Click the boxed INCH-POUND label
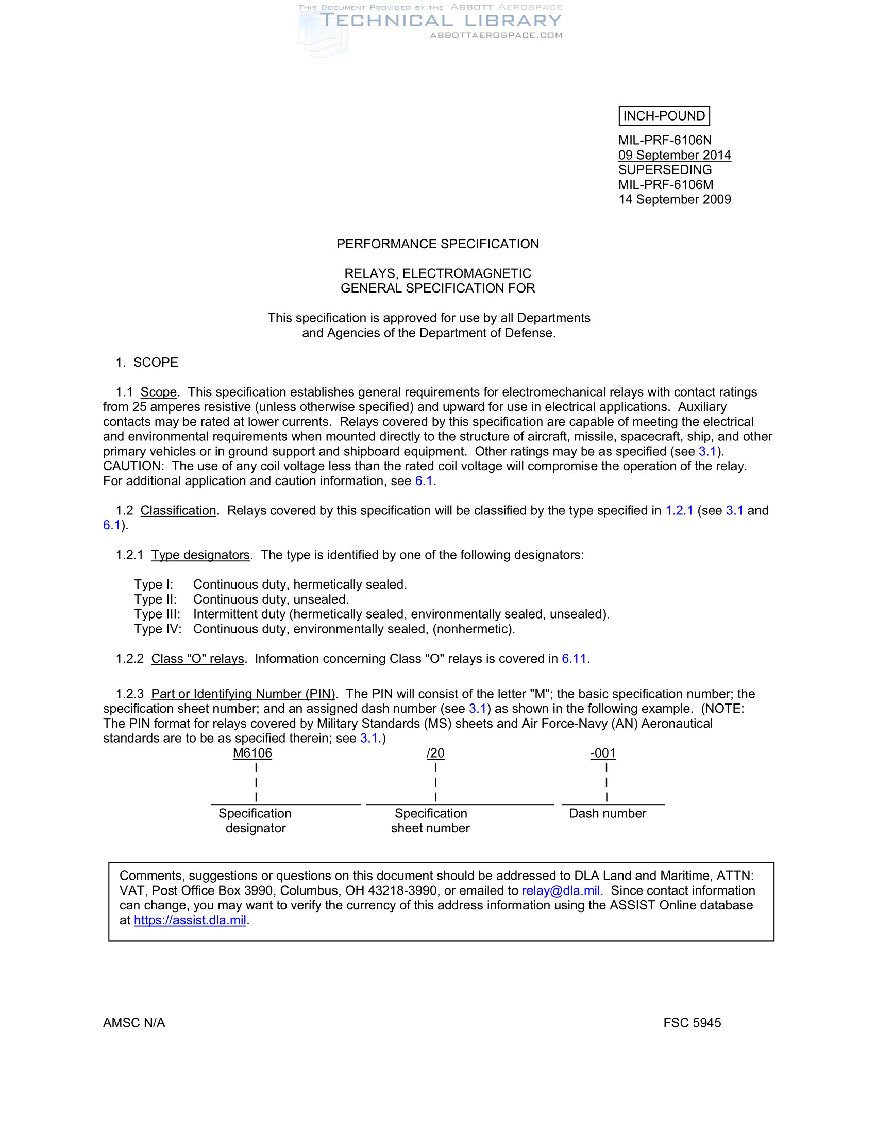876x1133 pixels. click(x=664, y=116)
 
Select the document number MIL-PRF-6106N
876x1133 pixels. click(x=665, y=140)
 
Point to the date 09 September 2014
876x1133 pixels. click(x=674, y=155)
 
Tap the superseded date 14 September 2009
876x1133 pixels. click(x=674, y=199)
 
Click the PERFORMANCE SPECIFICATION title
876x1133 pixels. click(x=437, y=244)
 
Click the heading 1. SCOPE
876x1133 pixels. click(x=147, y=362)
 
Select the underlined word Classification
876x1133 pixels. click(x=178, y=510)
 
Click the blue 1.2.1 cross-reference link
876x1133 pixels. click(x=679, y=510)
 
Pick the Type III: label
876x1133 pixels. click(x=157, y=614)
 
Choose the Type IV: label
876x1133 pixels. click(x=158, y=629)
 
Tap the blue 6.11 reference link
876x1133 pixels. click(x=574, y=658)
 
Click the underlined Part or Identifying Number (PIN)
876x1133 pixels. click(x=243, y=694)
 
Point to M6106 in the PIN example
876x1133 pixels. click(x=252, y=753)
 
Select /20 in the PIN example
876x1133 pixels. click(x=435, y=753)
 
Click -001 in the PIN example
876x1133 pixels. click(x=602, y=753)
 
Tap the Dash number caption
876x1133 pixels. click(x=607, y=813)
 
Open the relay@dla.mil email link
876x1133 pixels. click(x=562, y=890)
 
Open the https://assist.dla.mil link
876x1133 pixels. click(x=190, y=920)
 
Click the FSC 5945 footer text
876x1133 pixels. click(x=692, y=1022)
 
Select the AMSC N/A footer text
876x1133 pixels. click(x=134, y=1022)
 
